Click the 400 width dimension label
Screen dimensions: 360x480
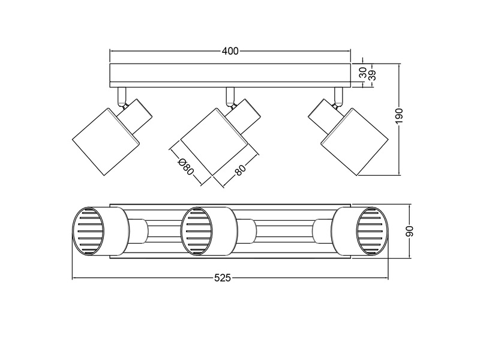(230, 52)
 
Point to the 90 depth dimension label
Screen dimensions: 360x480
(410, 231)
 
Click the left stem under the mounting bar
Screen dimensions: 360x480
(122, 94)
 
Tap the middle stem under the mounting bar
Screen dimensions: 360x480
(229, 94)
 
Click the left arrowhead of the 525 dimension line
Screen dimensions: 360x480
(74, 278)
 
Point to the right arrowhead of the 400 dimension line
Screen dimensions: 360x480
(350, 52)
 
